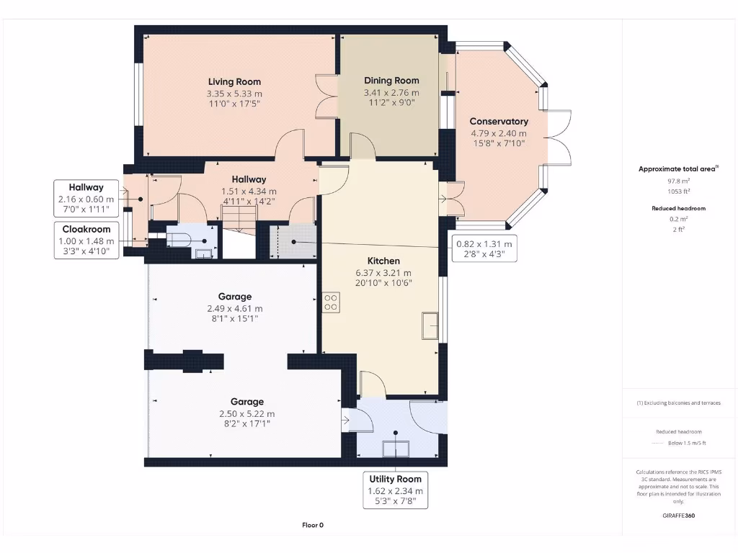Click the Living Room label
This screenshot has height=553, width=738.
pyautogui.click(x=234, y=82)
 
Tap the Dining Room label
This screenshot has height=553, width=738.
pyautogui.click(x=391, y=81)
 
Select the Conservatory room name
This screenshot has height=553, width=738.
pyautogui.click(x=499, y=122)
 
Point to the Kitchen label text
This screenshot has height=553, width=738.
pyautogui.click(x=383, y=261)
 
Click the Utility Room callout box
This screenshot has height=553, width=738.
pyautogui.click(x=396, y=490)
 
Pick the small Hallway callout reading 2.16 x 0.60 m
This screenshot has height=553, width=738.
pyautogui.click(x=86, y=199)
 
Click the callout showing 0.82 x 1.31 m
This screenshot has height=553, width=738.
pyautogui.click(x=484, y=249)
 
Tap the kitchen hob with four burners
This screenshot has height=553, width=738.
pyautogui.click(x=332, y=302)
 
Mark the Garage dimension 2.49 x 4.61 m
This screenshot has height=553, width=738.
pyautogui.click(x=234, y=308)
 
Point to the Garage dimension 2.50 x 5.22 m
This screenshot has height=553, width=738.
pyautogui.click(x=246, y=414)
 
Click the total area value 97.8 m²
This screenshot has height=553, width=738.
pyautogui.click(x=679, y=181)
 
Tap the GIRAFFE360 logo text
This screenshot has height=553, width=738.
pyautogui.click(x=679, y=516)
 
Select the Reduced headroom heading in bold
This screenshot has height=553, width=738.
pyautogui.click(x=679, y=208)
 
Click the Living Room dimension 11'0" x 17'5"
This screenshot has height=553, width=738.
pyautogui.click(x=234, y=104)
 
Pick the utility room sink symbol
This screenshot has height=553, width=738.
pyautogui.click(x=396, y=448)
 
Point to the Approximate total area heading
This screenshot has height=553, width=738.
pyautogui.click(x=677, y=169)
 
